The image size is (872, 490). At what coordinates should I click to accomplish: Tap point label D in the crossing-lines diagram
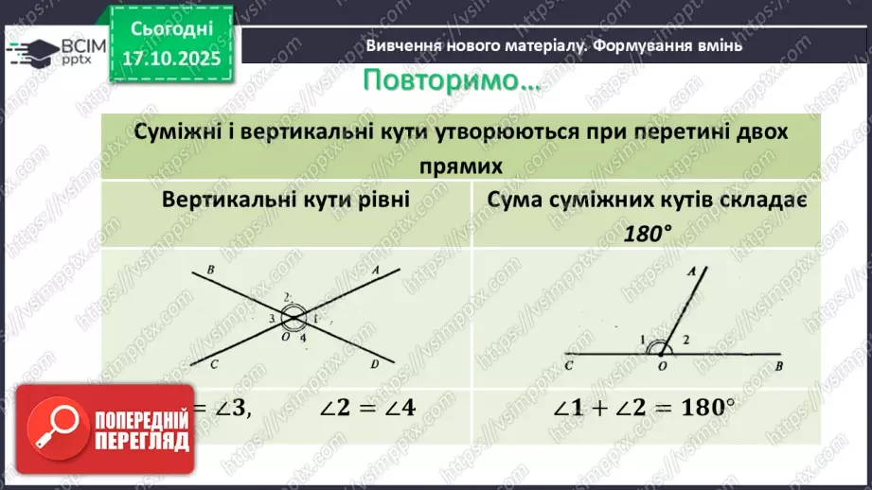(376, 363)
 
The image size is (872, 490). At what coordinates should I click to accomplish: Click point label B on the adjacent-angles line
(777, 364)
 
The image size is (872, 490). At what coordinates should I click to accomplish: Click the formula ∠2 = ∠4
(369, 410)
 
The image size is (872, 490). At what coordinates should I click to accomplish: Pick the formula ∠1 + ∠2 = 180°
(644, 410)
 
